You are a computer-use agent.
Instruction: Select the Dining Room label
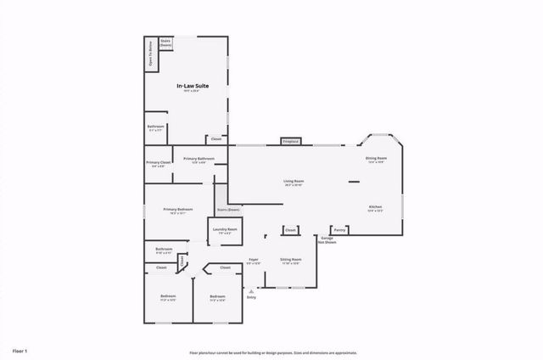point(377,160)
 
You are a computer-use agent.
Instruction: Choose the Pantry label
point(339,229)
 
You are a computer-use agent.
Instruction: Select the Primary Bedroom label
point(178,211)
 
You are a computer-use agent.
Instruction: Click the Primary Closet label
point(158,164)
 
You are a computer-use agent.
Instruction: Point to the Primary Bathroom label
point(199,160)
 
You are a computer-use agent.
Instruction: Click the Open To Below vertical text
point(151,53)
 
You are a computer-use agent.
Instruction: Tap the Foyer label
point(253,261)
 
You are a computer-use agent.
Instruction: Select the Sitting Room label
point(291,261)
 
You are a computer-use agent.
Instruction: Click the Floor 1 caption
point(20,350)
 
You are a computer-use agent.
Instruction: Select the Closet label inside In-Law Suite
point(216,138)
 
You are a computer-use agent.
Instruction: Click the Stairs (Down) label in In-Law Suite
point(165,42)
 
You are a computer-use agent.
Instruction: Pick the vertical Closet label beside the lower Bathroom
point(181,261)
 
